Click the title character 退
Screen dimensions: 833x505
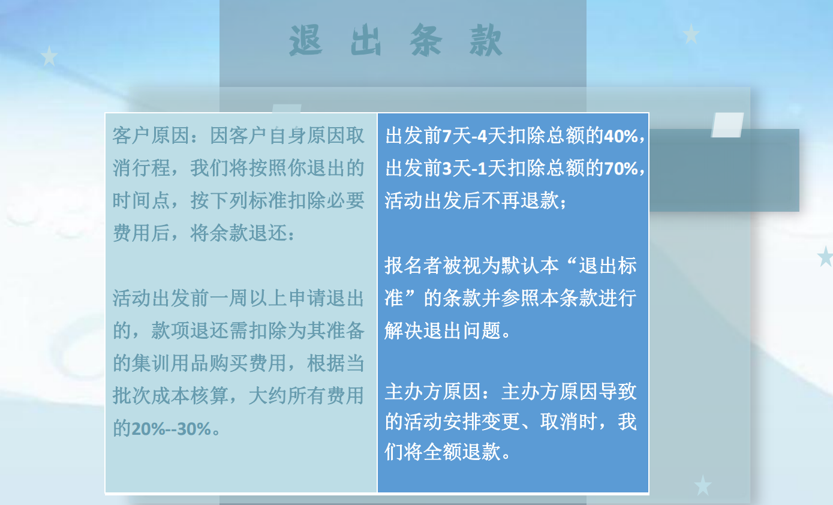click(x=306, y=40)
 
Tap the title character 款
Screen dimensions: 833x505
click(x=486, y=40)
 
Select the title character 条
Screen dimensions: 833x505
click(x=425, y=40)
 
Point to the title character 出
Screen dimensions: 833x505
click(x=366, y=40)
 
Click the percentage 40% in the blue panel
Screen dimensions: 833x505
click(x=621, y=136)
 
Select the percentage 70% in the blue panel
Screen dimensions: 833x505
click(x=621, y=169)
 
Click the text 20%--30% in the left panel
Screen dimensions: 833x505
click(x=171, y=429)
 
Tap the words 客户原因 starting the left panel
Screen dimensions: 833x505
click(x=151, y=136)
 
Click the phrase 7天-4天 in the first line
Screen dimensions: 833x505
click(x=465, y=136)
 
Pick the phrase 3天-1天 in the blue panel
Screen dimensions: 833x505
click(x=465, y=169)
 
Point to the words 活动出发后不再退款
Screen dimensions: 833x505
click(x=471, y=201)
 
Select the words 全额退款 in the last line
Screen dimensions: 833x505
click(x=462, y=452)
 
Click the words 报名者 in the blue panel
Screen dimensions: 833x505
click(x=414, y=266)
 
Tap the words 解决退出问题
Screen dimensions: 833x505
click(x=443, y=331)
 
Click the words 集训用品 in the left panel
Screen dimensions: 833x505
click(x=170, y=363)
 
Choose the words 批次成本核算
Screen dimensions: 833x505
click(x=170, y=396)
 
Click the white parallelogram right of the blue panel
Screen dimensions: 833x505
click(x=727, y=125)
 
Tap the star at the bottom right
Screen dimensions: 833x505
click(x=703, y=485)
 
